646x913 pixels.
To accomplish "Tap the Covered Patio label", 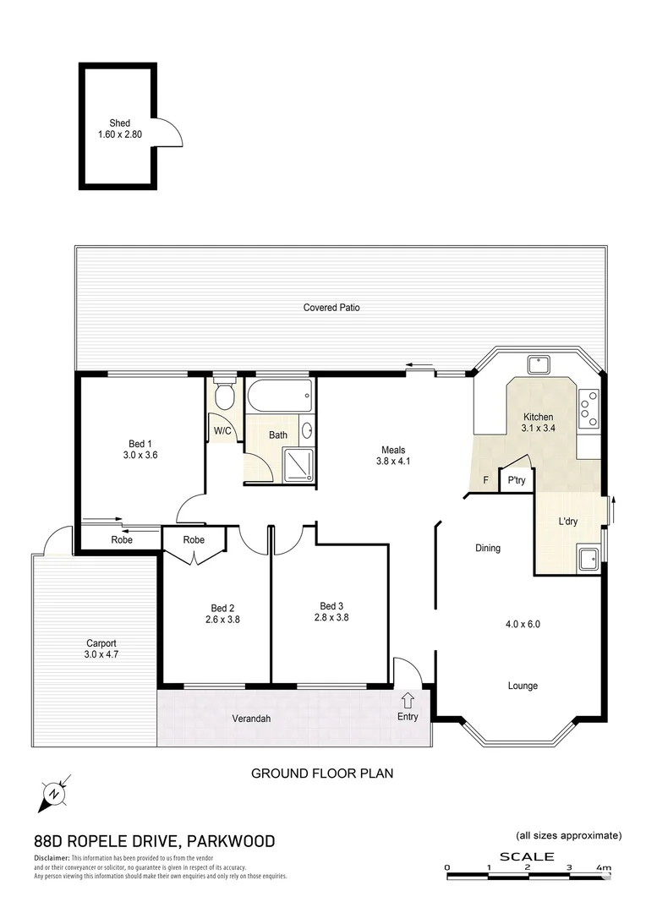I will [x=331, y=308].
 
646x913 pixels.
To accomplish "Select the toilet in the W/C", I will [x=224, y=395].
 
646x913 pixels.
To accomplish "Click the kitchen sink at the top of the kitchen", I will [x=537, y=365].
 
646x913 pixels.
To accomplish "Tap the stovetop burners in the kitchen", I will [x=589, y=408].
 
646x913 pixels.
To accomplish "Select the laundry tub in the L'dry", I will [x=589, y=558].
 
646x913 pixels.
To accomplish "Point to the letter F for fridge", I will [x=485, y=480].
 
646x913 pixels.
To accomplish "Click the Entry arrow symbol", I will [x=408, y=699].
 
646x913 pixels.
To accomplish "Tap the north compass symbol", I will [x=55, y=793].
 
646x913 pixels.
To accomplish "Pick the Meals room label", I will [x=393, y=450].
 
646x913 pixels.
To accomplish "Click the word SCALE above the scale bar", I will [x=526, y=856].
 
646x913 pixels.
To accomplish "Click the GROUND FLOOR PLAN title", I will [x=322, y=773].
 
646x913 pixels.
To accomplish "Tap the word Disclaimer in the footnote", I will [x=52, y=857].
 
